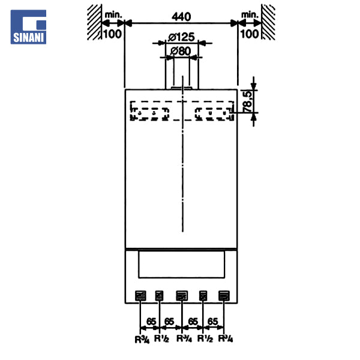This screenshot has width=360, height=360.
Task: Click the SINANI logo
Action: click(28, 27)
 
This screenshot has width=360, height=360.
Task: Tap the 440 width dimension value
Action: click(181, 17)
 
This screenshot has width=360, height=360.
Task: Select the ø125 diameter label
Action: click(181, 37)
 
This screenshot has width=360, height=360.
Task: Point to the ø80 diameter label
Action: click(181, 51)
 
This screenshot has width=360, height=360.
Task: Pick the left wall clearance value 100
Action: click(113, 34)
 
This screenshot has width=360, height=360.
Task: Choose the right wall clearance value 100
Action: click(250, 34)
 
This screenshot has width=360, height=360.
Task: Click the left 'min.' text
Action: click(113, 15)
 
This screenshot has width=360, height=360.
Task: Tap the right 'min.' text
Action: click(250, 15)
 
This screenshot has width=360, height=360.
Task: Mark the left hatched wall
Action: click(94, 22)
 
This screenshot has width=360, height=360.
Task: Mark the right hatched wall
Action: click(268, 22)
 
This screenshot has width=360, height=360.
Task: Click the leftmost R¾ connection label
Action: click(142, 340)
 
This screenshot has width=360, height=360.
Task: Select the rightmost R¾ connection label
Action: click(225, 338)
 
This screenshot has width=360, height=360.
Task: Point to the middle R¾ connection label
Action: click(184, 338)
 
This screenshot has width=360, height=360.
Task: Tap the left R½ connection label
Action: click(161, 338)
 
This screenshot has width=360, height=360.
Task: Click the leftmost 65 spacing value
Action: click(151, 322)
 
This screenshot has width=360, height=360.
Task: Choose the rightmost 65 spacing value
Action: click(212, 322)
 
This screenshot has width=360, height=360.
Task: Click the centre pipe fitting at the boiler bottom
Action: click(182, 296)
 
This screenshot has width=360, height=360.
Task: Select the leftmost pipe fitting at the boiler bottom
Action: click(140, 296)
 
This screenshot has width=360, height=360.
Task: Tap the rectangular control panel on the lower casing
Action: click(182, 265)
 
